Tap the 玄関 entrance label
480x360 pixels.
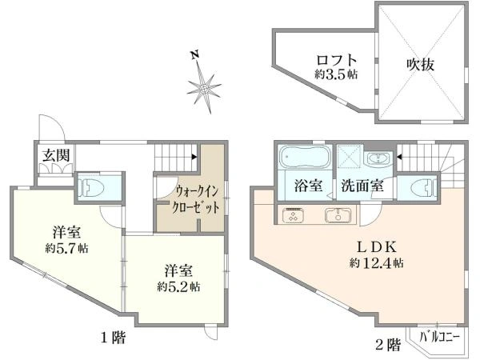point(56,155)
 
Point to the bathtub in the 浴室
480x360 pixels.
point(306,157)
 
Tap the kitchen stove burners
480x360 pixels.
point(294,215)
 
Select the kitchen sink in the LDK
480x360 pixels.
point(338,215)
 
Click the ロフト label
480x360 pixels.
point(337,60)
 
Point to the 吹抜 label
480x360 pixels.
point(420,64)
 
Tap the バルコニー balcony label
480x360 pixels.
point(439,338)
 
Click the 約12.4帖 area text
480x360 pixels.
point(376,263)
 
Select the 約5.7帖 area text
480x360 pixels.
point(67,248)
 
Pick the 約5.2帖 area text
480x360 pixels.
point(179,286)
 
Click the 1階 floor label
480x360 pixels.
point(114,338)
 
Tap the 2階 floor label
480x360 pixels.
point(388,345)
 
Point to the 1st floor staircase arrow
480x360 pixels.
point(194,157)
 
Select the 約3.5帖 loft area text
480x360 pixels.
point(337,74)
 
